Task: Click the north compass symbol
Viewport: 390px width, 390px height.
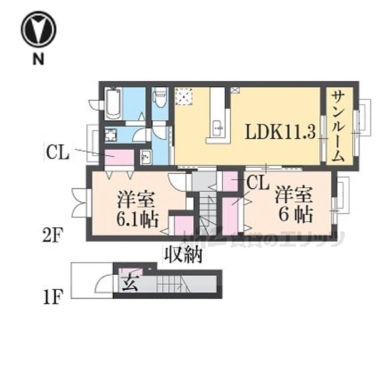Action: tap(38, 30)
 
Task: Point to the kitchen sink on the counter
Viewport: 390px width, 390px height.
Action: tap(218, 128)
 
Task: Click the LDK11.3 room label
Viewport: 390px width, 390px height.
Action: tap(281, 132)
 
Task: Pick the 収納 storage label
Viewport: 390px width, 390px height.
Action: tap(183, 256)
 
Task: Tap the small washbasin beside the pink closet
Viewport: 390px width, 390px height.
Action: tap(147, 157)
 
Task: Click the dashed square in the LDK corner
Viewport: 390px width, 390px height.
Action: tap(183, 96)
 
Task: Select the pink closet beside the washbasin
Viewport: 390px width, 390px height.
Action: tap(118, 158)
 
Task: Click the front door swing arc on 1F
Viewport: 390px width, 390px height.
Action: tap(104, 285)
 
